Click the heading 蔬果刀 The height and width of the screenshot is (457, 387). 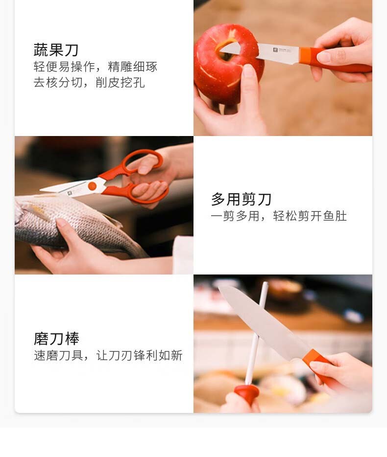[56, 50]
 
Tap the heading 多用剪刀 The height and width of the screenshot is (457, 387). [241, 199]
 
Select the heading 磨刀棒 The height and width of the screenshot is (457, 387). [56, 339]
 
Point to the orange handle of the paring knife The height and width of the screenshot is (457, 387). [336, 60]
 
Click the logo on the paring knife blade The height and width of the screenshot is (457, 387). [275, 50]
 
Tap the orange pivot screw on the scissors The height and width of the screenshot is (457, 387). [92, 186]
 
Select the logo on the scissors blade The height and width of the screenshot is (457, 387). [70, 193]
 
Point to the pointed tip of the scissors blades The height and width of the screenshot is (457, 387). [41, 190]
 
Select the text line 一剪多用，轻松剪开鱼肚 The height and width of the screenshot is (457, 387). [279, 216]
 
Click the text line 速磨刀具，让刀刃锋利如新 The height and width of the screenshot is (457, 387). [108, 356]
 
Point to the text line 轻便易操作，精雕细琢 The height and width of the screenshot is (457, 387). [96, 67]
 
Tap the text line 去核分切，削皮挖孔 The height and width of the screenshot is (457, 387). [89, 83]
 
